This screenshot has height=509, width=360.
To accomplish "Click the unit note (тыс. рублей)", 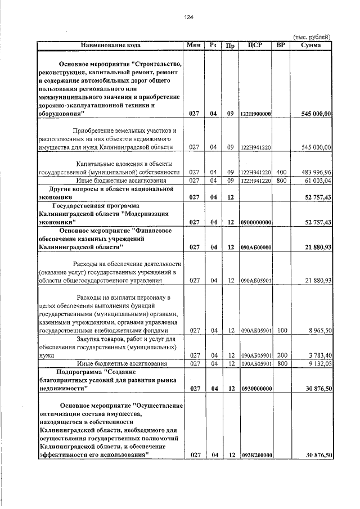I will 313,37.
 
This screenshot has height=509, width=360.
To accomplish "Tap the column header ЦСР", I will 256,44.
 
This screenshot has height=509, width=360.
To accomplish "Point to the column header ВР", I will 282,44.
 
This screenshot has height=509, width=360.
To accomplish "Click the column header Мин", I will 194,44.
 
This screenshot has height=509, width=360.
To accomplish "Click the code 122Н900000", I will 256,114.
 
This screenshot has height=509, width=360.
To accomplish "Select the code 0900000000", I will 256,222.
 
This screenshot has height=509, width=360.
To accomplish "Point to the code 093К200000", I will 256,454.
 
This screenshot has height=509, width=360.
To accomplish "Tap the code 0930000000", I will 256,389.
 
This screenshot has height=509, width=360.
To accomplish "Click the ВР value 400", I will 282,172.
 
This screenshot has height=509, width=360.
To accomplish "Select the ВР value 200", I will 282,355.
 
